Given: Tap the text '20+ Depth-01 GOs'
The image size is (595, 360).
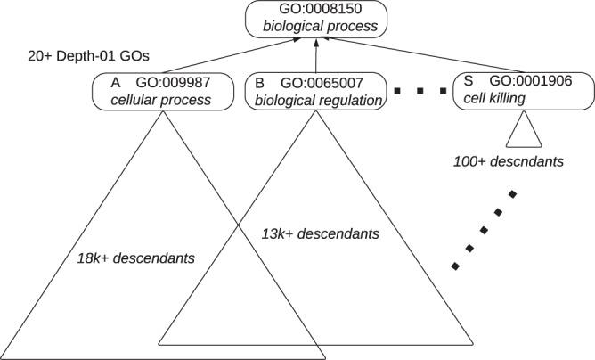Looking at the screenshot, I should click(81, 54).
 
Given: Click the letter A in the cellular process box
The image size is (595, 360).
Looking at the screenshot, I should click(115, 82).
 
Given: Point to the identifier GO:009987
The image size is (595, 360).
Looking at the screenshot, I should click(174, 82).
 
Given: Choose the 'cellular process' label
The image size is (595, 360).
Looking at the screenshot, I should click(161, 100).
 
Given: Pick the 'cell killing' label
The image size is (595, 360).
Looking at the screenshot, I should click(496, 100).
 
